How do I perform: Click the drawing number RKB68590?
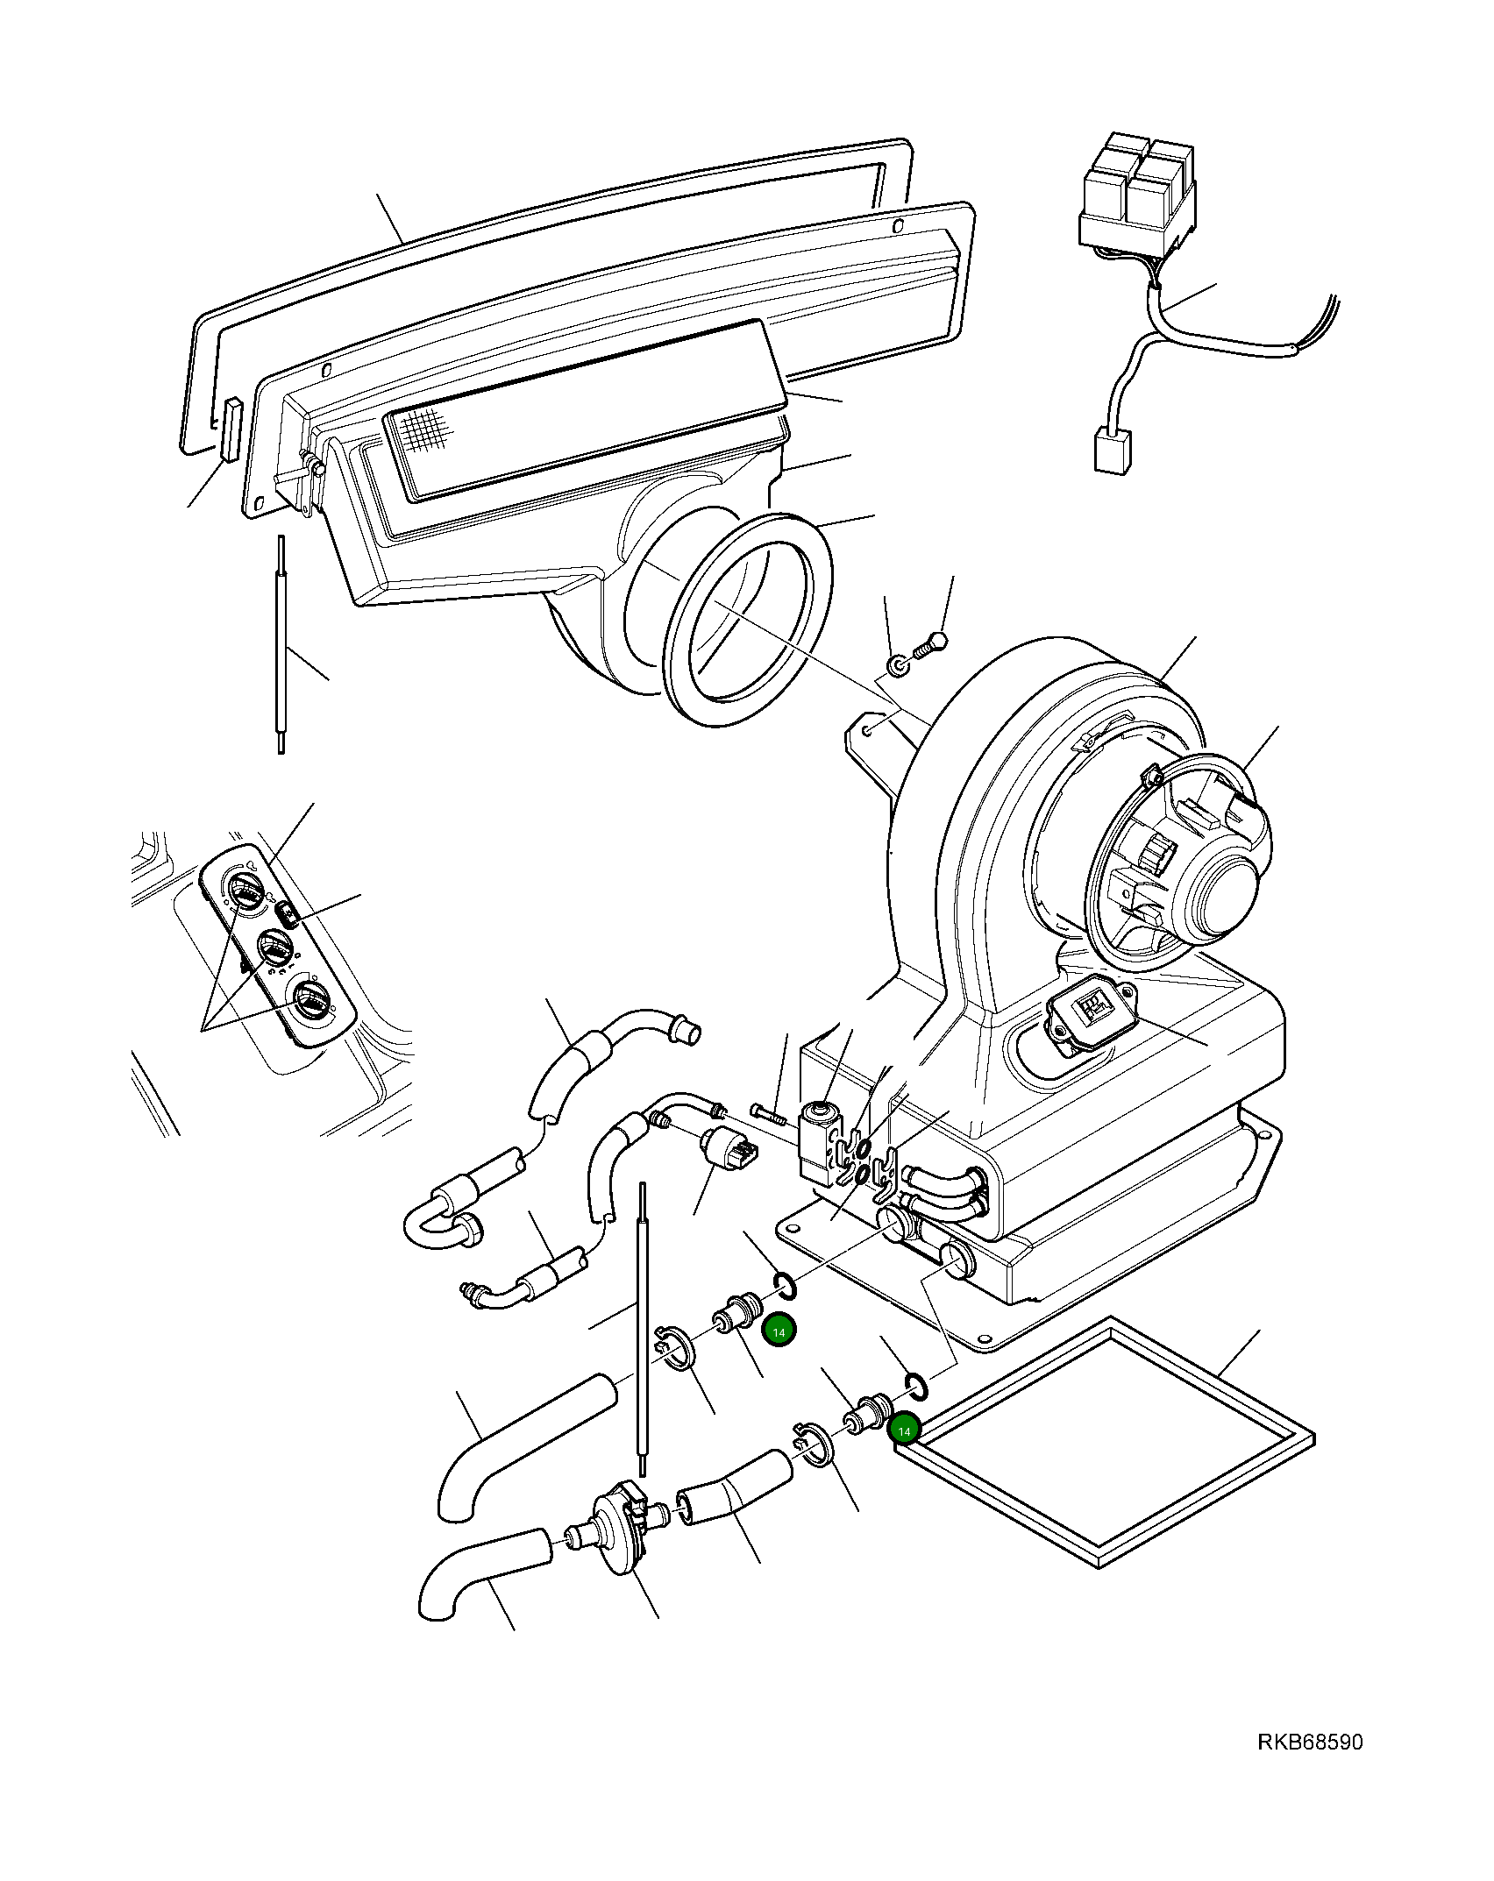[1310, 1742]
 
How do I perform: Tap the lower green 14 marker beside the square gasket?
[904, 1430]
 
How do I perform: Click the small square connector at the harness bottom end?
[1111, 451]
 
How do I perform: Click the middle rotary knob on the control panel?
[274, 949]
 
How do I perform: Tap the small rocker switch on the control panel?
[288, 917]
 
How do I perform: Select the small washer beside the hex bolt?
[898, 667]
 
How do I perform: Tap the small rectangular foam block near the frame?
[231, 429]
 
